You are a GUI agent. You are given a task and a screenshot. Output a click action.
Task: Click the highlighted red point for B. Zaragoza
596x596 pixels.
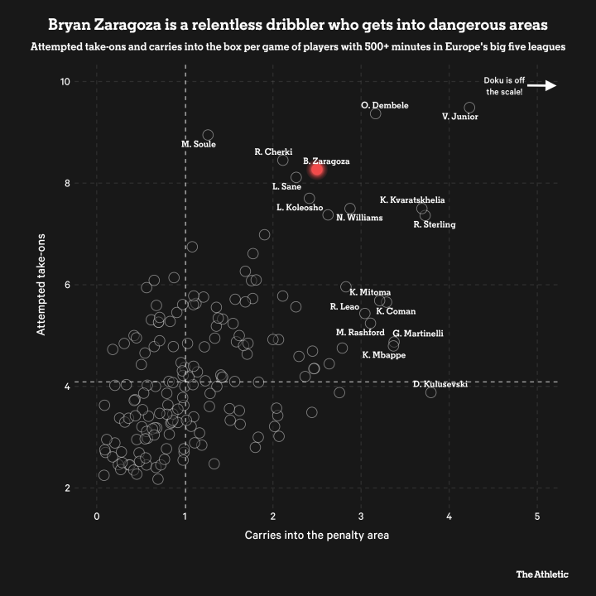pos(317,170)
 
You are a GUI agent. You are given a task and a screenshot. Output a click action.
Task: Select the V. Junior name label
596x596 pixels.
pos(459,117)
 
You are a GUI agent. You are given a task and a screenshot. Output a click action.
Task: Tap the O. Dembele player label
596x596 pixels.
pos(385,105)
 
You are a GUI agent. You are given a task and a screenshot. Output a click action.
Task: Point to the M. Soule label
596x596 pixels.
pos(199,144)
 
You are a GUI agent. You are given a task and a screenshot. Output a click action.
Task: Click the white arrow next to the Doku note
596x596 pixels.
pos(542,85)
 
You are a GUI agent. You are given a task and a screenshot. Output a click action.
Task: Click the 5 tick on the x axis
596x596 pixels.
pos(537,516)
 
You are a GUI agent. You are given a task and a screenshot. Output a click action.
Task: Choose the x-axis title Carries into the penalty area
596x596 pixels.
pos(317,535)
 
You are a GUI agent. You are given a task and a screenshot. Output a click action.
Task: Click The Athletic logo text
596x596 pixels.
pos(542,573)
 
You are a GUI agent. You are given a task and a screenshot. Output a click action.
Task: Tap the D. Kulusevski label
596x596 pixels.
pos(440,384)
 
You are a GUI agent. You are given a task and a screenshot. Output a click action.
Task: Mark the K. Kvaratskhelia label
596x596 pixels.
pos(412,199)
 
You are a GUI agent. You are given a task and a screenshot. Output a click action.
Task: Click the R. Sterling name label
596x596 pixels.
pos(434,224)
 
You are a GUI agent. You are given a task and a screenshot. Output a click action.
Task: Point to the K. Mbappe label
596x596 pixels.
pos(384,355)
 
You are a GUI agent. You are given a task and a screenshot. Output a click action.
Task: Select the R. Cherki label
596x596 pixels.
pos(273,151)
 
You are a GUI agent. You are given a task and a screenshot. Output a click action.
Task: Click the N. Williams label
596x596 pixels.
pos(359,218)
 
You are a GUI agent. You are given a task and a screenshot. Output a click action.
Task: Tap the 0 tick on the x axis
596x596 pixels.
pos(97,516)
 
